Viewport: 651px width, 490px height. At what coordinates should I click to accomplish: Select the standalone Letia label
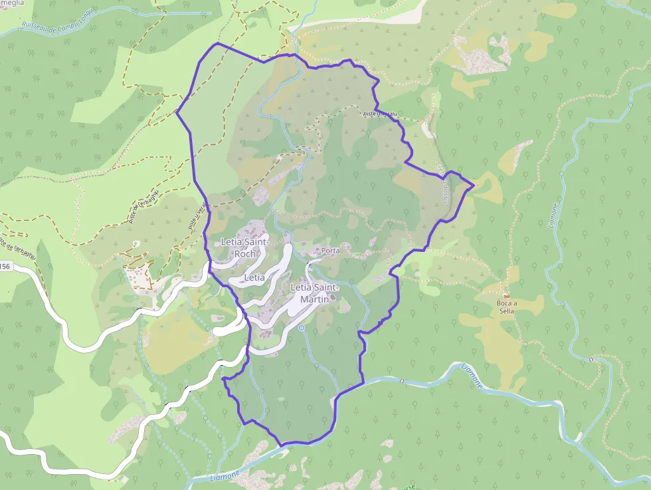click(254, 277)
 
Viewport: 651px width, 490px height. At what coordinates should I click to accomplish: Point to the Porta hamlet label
click(329, 251)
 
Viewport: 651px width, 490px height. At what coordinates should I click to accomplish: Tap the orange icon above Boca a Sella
click(507, 295)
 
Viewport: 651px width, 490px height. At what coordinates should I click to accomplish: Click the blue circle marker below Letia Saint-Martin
click(302, 328)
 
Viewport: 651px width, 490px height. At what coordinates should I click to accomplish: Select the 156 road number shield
click(5, 267)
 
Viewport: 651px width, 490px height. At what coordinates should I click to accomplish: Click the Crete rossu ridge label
click(441, 183)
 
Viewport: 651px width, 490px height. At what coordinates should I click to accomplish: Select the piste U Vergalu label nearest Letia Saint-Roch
click(197, 216)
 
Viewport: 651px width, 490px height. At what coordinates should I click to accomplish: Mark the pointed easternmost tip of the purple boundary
click(473, 185)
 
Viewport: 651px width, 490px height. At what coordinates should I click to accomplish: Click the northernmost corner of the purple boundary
click(218, 43)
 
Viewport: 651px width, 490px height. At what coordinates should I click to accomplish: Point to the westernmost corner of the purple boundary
click(176, 112)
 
